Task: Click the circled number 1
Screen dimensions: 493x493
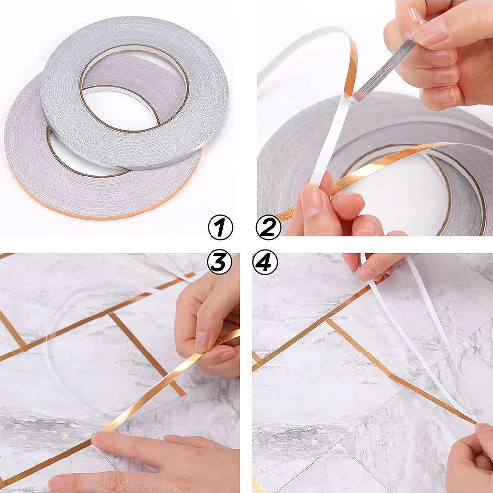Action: [220, 228]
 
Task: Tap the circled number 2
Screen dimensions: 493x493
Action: [268, 228]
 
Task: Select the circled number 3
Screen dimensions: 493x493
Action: [220, 261]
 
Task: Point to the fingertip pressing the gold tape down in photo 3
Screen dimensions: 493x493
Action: [99, 437]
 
